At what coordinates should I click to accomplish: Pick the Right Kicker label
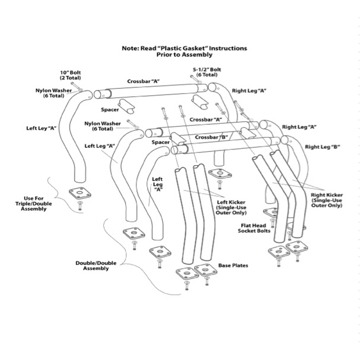coord(327,200)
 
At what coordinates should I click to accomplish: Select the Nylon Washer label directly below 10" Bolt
coord(57,93)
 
